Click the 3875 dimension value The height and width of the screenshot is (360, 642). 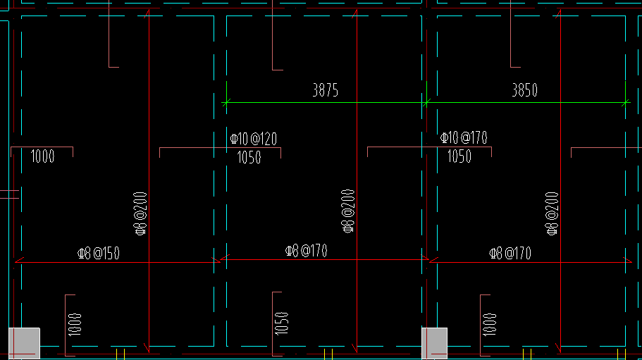point(325,90)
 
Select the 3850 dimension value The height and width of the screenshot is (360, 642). point(524,90)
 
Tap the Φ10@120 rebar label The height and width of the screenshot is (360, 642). point(254,138)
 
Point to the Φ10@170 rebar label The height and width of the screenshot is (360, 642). point(464,137)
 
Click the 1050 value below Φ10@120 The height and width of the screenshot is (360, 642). point(249,157)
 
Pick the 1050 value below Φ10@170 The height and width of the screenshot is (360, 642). point(459,156)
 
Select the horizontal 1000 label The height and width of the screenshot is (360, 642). point(43,156)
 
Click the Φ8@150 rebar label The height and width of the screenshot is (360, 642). point(98,253)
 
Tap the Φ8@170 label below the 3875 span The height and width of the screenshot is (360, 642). point(306,251)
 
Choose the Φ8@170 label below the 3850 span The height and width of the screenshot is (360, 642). point(511,253)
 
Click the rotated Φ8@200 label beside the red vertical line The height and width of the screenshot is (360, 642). point(347,211)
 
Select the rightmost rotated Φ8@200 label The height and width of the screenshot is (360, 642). point(553,213)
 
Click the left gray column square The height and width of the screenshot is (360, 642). point(24,343)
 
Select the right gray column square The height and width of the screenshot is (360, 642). point(434,343)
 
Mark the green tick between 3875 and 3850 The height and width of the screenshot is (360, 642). point(426,103)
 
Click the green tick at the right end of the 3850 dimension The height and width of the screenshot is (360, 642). point(625,103)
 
